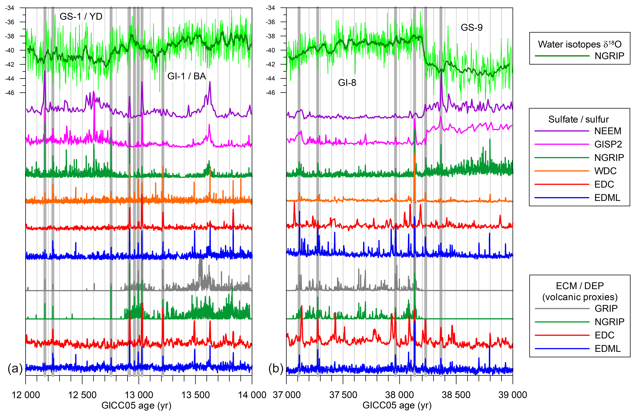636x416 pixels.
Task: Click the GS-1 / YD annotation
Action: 81,17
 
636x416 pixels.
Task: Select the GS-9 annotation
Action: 472,28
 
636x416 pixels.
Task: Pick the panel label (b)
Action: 276,369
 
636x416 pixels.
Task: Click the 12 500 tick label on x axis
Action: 82,395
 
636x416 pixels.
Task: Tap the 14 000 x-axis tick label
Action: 252,395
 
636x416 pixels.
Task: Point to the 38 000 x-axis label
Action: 399,395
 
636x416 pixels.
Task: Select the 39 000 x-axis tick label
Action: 513,395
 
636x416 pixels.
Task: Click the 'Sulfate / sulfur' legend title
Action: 579,119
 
